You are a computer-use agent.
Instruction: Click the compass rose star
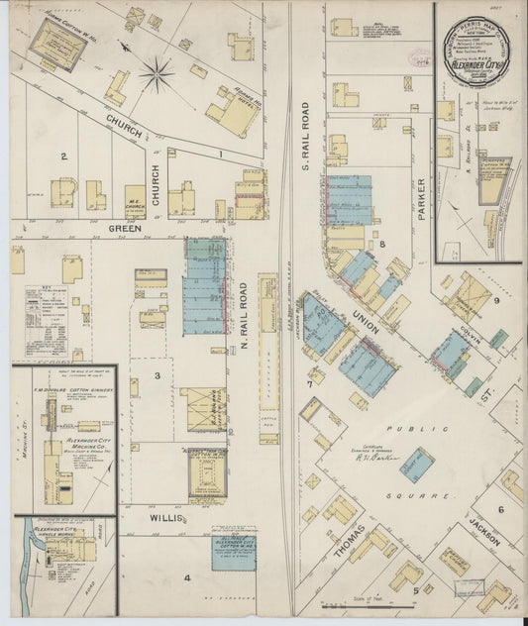pyautogui.click(x=156, y=70)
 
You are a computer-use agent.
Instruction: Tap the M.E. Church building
pyautogui.click(x=135, y=198)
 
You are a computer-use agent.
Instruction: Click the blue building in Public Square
pyautogui.click(x=416, y=465)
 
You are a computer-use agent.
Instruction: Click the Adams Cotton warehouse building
pyautogui.click(x=47, y=38)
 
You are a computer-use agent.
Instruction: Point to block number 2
pyautogui.click(x=63, y=156)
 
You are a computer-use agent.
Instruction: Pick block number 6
pyautogui.click(x=501, y=509)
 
